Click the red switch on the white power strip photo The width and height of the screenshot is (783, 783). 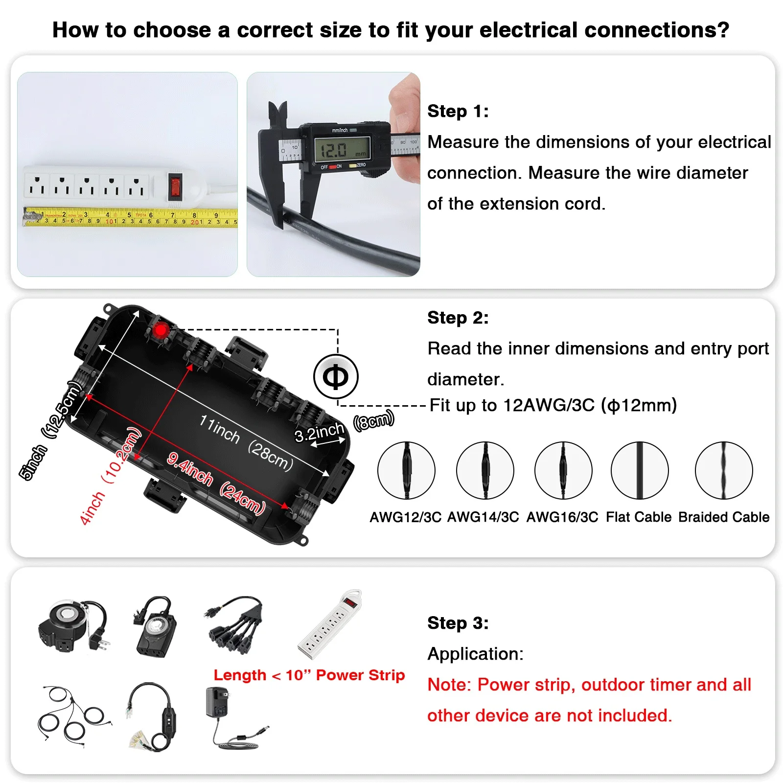175,187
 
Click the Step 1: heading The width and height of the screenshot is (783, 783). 458,111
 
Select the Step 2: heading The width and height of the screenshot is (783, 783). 458,318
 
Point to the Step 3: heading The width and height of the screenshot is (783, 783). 458,623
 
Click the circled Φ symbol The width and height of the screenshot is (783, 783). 336,377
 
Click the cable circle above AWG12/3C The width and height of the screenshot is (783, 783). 406,470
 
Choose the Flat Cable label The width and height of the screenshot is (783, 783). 639,517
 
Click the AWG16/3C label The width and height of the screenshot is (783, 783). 562,517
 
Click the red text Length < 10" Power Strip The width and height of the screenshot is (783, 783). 309,675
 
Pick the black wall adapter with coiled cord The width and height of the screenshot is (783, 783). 230,717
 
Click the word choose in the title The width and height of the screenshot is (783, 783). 172,30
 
